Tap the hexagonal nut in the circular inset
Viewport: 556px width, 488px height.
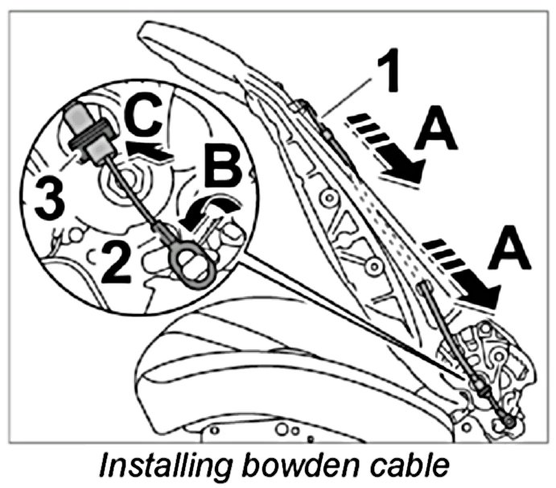pos(127,181)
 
